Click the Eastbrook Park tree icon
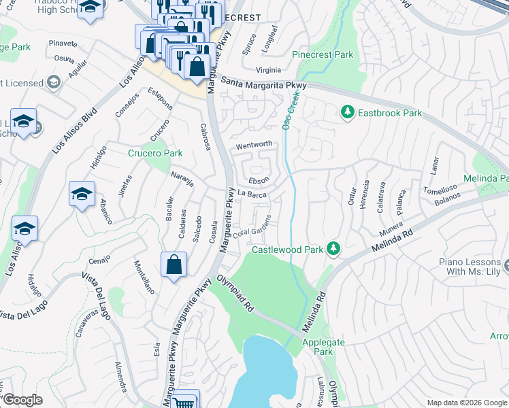(348, 112)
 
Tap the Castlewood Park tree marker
(333, 249)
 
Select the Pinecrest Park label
(323, 54)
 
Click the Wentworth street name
(254, 145)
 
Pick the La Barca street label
(252, 194)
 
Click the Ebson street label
(259, 180)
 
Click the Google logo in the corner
(22, 400)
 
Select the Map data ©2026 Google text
(466, 403)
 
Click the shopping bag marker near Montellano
(174, 264)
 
